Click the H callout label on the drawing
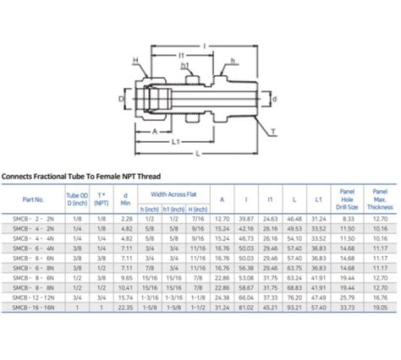coord(134,61)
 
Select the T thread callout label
coord(274,132)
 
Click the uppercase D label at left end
coord(120,99)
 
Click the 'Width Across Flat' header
coord(175,194)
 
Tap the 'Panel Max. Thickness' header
coord(381,199)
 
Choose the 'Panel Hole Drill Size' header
coord(347,199)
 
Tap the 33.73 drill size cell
coord(347,308)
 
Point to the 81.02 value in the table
coord(246,308)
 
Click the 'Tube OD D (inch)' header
coord(78,199)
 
